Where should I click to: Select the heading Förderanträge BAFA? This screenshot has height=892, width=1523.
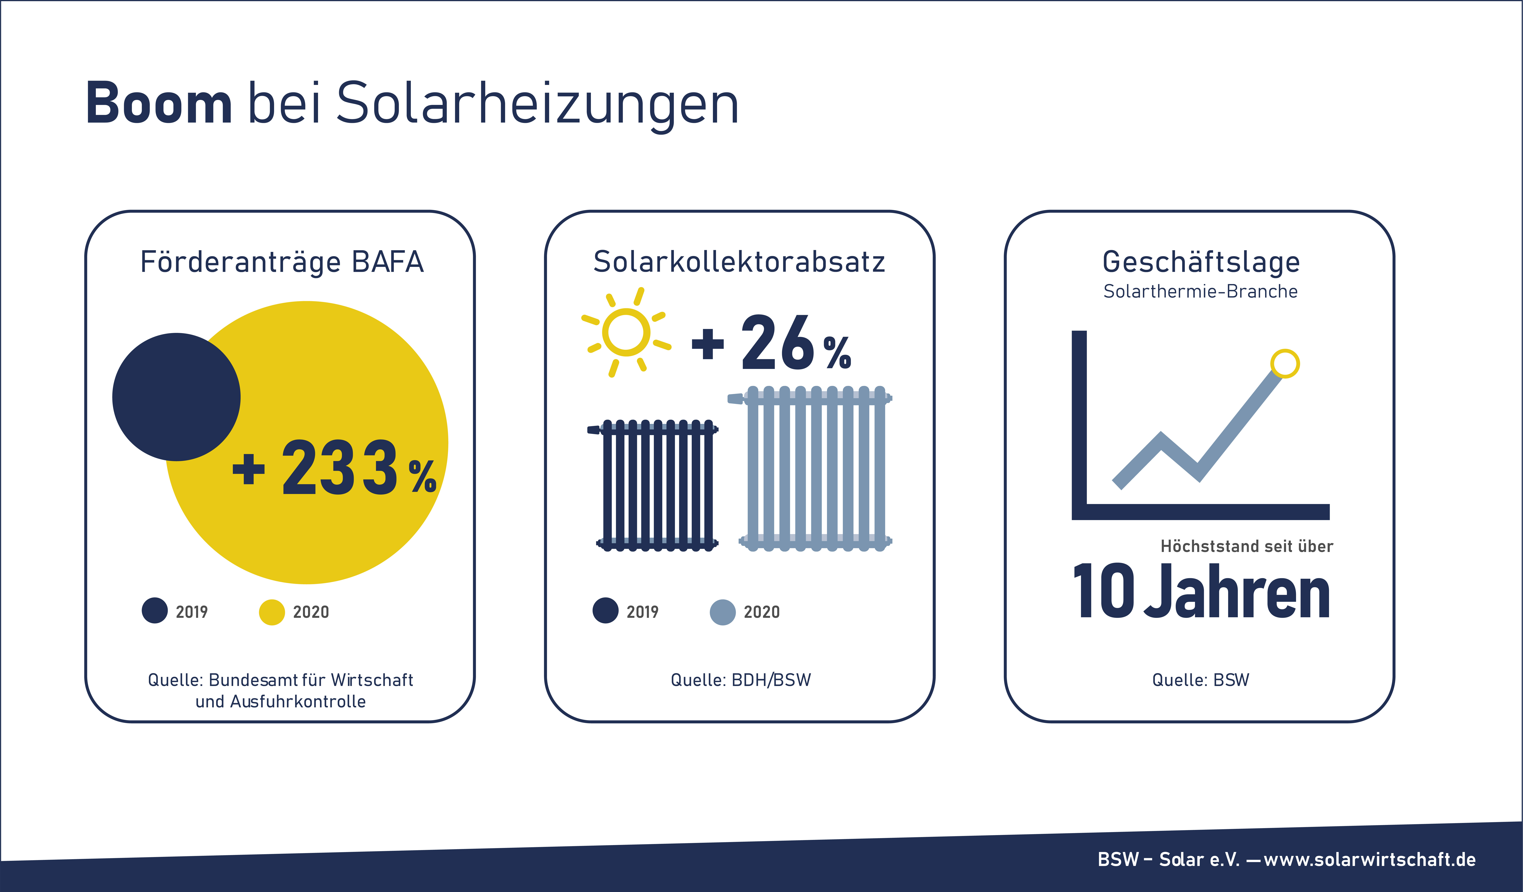[282, 262]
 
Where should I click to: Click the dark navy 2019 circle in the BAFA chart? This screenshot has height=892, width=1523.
[176, 397]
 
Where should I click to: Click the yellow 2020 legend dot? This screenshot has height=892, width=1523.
[272, 612]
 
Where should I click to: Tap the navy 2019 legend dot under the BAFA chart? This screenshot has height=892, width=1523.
[155, 610]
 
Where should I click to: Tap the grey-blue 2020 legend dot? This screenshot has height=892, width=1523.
[723, 612]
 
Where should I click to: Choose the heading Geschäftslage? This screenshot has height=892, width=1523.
[1201, 262]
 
